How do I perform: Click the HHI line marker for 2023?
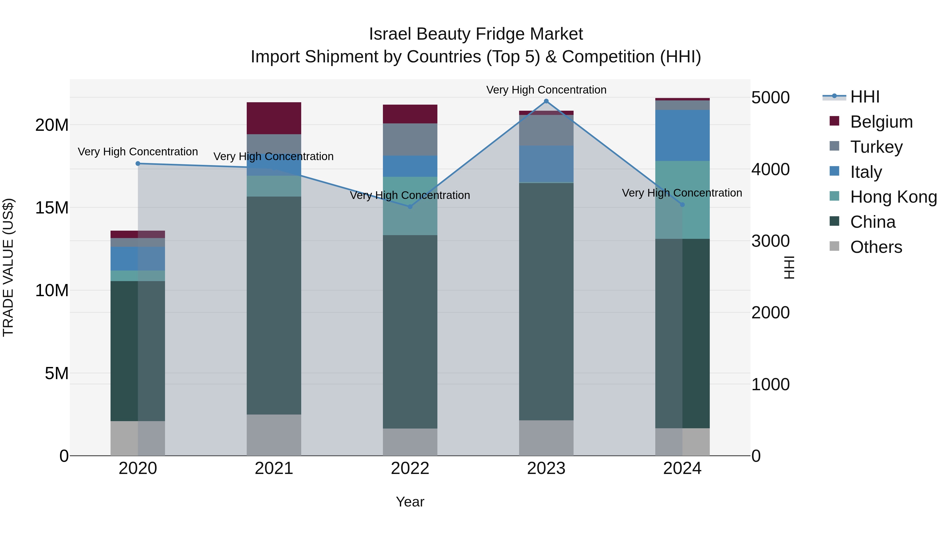click(x=546, y=101)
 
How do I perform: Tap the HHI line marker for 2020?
click(x=138, y=164)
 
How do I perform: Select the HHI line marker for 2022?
click(x=410, y=207)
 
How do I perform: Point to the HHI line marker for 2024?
click(x=682, y=204)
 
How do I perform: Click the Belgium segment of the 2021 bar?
click(x=274, y=118)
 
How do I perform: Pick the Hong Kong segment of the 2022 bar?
click(x=410, y=206)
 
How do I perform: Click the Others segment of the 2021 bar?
click(x=274, y=435)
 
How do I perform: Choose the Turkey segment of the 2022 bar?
click(x=410, y=139)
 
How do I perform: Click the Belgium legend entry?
click(x=881, y=122)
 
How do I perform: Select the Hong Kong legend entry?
click(x=893, y=197)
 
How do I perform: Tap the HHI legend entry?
click(x=864, y=97)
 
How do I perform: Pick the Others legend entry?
click(x=876, y=247)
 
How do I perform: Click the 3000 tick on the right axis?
click(x=770, y=241)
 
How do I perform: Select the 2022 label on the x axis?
click(x=410, y=468)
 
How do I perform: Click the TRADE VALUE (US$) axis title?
click(x=8, y=267)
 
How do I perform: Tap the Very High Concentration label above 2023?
click(x=546, y=90)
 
